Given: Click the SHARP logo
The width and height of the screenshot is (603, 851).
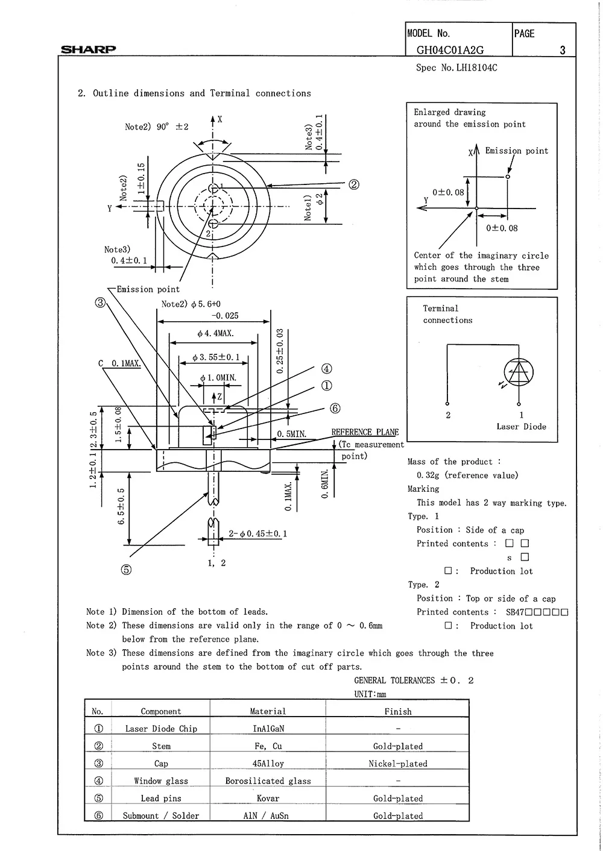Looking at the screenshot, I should click(88, 49).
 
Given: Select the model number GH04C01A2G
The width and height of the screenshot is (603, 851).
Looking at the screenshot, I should click(450, 51).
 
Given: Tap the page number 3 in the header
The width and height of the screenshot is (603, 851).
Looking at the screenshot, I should click(563, 51).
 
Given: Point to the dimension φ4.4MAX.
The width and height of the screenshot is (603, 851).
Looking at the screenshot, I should click(215, 333).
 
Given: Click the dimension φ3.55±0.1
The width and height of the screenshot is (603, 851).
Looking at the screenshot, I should click(215, 357).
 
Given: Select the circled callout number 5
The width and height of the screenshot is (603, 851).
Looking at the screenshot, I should click(126, 570).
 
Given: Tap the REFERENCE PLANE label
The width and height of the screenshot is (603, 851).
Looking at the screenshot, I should click(365, 432).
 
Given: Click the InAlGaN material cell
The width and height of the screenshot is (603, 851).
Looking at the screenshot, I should click(268, 729).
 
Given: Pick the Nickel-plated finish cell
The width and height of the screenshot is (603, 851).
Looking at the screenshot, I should click(397, 764).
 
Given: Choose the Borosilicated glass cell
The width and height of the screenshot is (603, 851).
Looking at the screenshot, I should click(268, 781).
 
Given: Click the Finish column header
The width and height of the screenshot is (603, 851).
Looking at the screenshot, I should click(397, 711).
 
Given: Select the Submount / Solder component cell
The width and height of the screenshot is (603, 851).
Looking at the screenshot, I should click(160, 815).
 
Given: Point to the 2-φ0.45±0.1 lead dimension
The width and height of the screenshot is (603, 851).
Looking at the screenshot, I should click(257, 533).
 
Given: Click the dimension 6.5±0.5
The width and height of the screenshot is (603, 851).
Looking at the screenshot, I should click(121, 506).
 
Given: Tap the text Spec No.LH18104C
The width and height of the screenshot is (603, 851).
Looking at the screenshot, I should click(456, 68).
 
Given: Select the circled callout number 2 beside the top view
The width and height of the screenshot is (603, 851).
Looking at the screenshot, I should click(354, 184).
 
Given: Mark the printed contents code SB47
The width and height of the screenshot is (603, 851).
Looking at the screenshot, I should click(515, 612).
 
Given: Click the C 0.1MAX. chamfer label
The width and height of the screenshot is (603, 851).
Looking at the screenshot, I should click(119, 363).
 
